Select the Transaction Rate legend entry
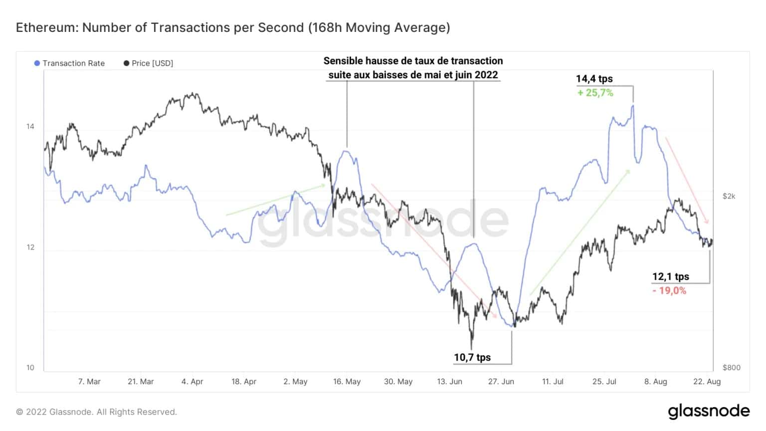click(x=69, y=63)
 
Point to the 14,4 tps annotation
click(x=594, y=79)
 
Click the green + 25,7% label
click(x=595, y=93)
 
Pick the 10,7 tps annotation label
click(x=472, y=357)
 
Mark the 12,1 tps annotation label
click(x=670, y=276)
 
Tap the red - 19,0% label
click(x=669, y=290)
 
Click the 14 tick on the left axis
click(x=30, y=127)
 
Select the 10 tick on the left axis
click(x=30, y=368)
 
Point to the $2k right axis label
click(x=729, y=196)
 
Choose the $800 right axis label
click(x=731, y=368)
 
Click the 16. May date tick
click(x=347, y=382)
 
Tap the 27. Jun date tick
click(x=501, y=382)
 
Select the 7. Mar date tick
click(x=89, y=382)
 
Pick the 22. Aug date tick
click(x=707, y=382)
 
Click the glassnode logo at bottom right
click(x=709, y=412)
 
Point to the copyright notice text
click(x=96, y=412)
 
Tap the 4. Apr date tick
click(x=192, y=382)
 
